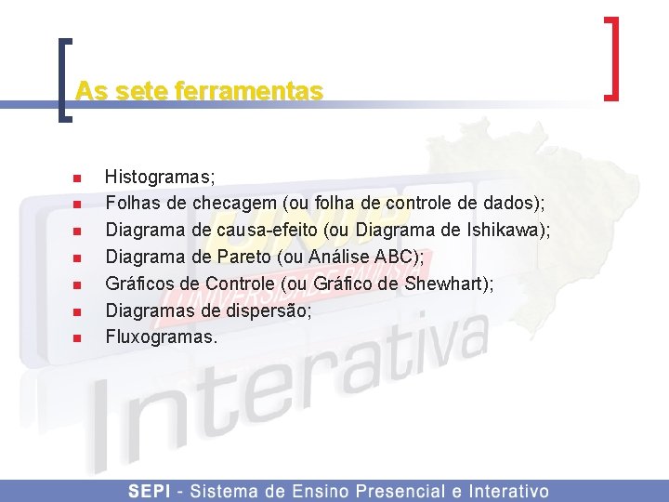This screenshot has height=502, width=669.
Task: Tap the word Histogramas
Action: pyautogui.click(x=159, y=175)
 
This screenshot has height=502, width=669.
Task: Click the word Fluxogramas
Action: pyautogui.click(x=159, y=337)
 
